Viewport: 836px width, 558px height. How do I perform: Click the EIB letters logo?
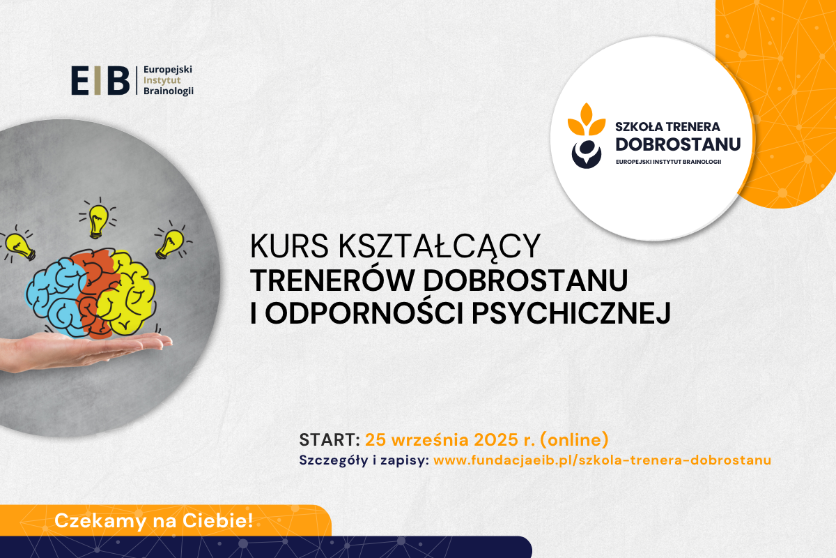point(100,80)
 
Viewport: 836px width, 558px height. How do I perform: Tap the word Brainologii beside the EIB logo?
point(169,91)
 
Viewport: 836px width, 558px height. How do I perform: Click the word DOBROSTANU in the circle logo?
point(678,144)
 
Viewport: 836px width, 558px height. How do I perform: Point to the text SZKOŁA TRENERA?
point(667,127)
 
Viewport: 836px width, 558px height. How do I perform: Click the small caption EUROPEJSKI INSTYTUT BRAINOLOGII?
point(668,162)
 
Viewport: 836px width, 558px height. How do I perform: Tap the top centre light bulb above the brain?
point(98,220)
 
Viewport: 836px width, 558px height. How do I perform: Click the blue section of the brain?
point(56,297)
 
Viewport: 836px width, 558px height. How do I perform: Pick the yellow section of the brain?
point(129,294)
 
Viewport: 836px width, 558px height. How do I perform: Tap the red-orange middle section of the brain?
point(95,292)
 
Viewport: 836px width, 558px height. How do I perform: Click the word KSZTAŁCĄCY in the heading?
point(440,247)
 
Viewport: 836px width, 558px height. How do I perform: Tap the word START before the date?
point(327,440)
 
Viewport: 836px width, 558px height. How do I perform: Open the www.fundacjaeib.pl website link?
point(602,460)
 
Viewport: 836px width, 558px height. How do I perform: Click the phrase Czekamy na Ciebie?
point(154,520)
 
